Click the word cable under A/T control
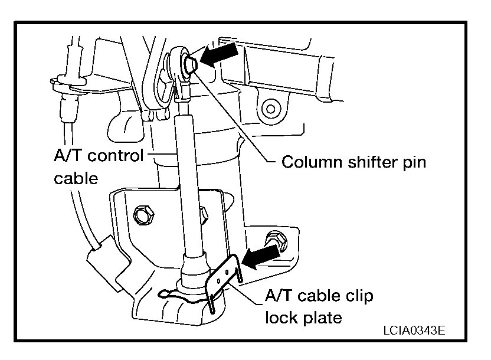(75, 178)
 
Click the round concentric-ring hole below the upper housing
(271, 108)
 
